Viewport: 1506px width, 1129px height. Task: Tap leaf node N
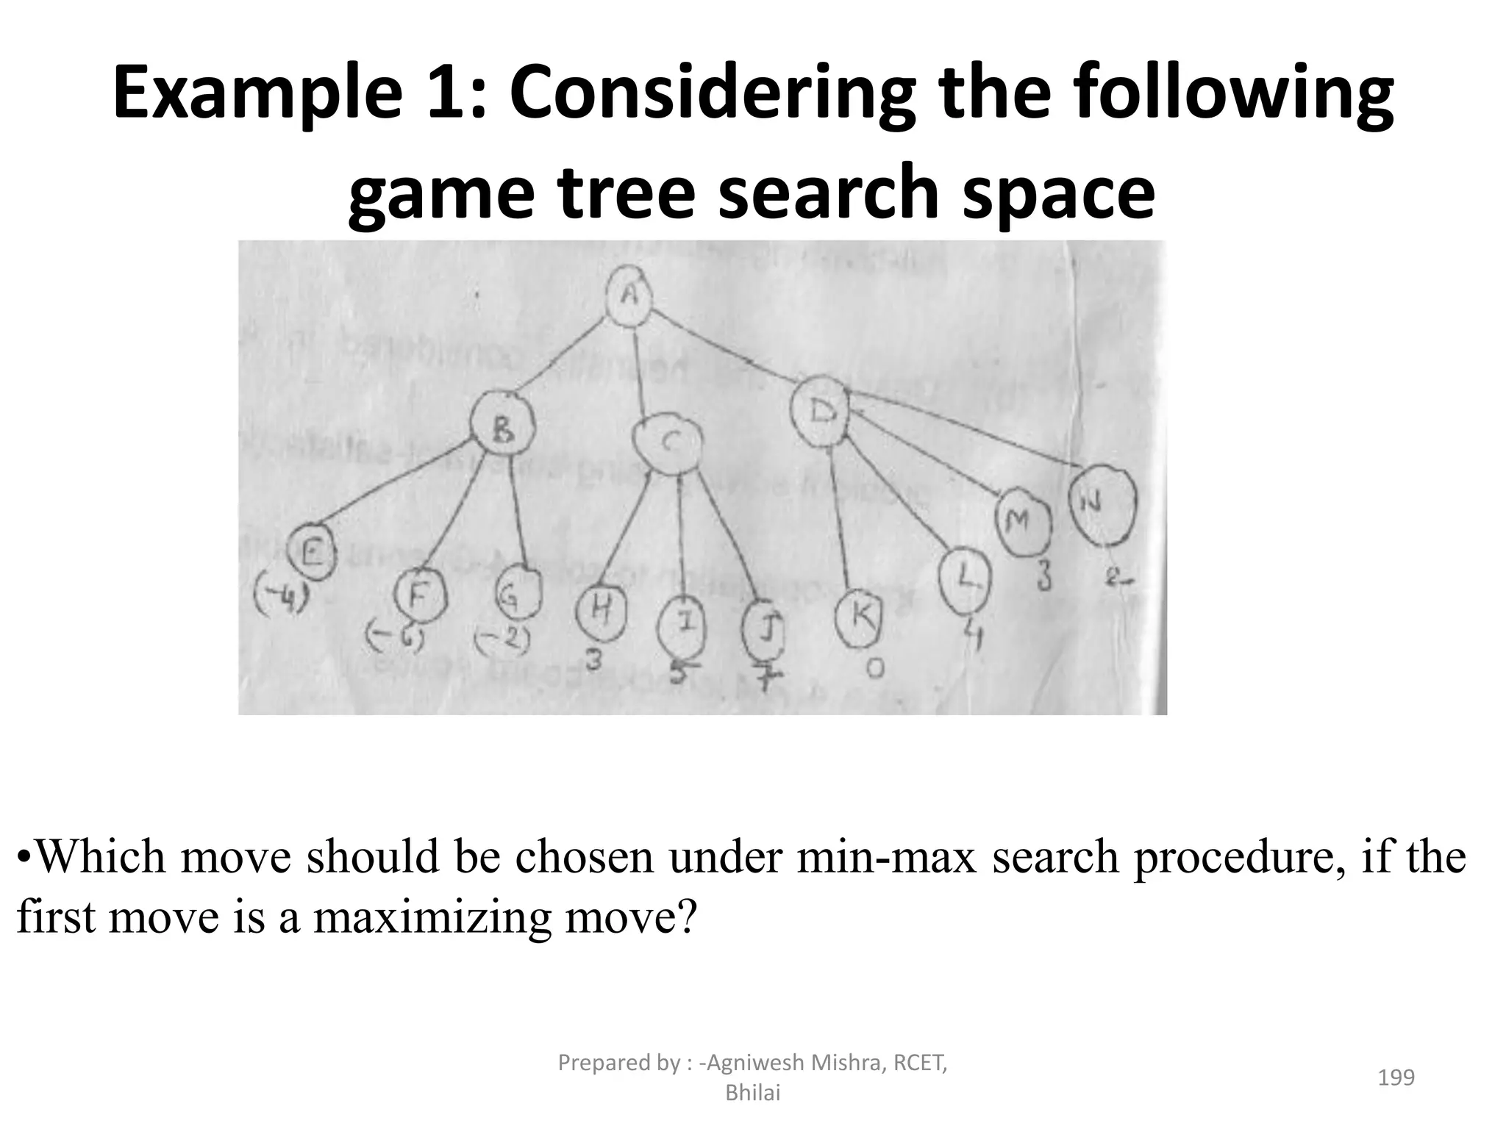tap(1102, 505)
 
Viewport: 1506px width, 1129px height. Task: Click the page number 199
tap(1396, 1077)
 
